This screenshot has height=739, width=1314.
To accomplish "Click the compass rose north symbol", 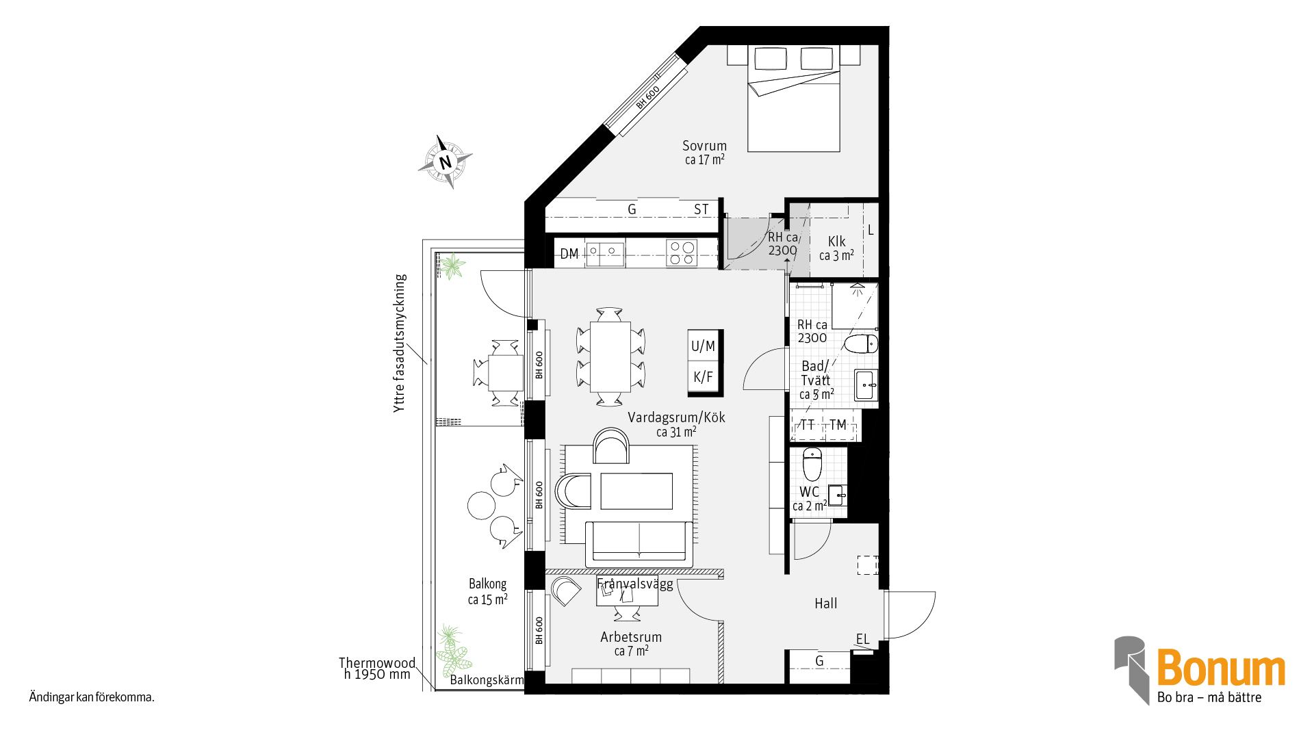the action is tap(446, 162).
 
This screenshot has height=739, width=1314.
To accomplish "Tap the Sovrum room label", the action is tap(704, 146).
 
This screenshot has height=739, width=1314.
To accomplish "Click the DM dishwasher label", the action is tap(569, 254).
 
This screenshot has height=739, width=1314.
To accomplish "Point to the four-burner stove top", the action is tap(682, 252).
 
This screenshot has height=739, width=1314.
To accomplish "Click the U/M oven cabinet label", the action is tap(703, 346).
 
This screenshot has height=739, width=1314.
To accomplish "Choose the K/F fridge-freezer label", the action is tap(703, 377).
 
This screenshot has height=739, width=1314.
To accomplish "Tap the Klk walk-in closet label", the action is tap(836, 242).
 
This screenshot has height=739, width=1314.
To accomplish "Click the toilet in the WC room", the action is tap(812, 465).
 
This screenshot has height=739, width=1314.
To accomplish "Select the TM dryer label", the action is tap(838, 425).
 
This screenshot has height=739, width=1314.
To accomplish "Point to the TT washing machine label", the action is tap(808, 425).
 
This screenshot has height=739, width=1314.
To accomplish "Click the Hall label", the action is tap(825, 604).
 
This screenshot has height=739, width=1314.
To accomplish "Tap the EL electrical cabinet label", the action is tap(862, 639).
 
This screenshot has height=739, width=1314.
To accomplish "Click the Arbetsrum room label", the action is tap(631, 637).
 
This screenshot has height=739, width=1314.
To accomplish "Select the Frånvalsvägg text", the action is tap(635, 584).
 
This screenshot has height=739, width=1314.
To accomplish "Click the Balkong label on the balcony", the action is tap(487, 584).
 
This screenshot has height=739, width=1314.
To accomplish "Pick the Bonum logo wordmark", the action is tap(1221, 668).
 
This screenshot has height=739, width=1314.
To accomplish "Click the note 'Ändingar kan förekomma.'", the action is tap(92, 697).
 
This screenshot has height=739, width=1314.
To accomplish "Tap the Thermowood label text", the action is tap(377, 662).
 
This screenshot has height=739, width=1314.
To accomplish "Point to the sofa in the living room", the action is tap(639, 543).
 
